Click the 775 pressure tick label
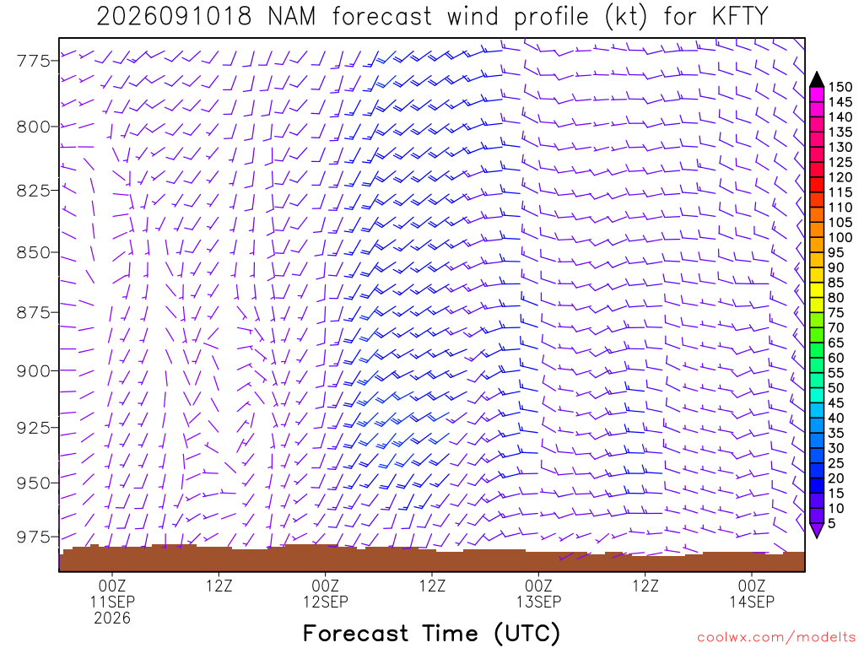tap(34, 60)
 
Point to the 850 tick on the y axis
tap(34, 252)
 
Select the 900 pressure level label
tap(34, 371)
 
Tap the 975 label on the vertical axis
tap(34, 537)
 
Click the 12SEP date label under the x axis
tap(325, 602)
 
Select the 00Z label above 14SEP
tap(752, 586)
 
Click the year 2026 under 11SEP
tap(112, 618)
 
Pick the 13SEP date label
tap(538, 602)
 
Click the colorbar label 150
tap(840, 87)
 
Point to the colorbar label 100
tap(840, 237)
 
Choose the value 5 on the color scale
tap(832, 523)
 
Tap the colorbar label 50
tap(836, 388)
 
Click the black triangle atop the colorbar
tap(817, 80)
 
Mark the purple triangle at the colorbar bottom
tap(817, 530)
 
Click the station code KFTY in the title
tap(739, 16)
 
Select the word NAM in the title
tap(292, 16)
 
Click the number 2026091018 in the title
tap(174, 16)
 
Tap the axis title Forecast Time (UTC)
tap(431, 634)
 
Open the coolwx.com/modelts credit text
tap(776, 638)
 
